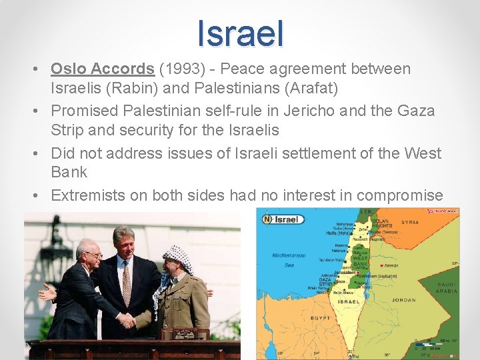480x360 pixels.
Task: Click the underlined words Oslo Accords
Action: pos(103,69)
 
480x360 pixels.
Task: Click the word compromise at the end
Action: pos(400,195)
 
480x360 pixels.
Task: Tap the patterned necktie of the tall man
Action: pos(127,283)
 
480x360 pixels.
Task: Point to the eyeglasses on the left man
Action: pos(93,254)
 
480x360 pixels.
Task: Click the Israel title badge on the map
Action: pos(283,219)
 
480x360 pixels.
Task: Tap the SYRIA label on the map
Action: pos(410,223)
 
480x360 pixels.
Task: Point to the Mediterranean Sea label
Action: pos(289,260)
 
